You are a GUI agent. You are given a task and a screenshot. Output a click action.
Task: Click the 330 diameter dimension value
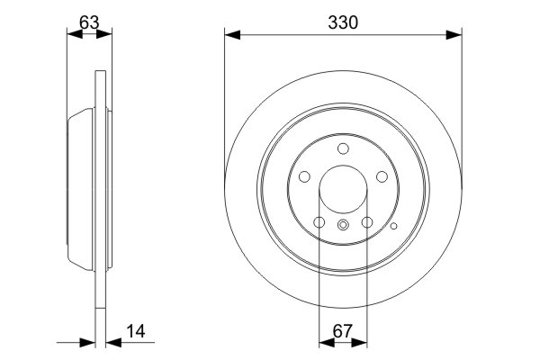pos(343,22)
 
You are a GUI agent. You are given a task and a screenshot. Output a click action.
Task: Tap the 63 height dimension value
pos(88,22)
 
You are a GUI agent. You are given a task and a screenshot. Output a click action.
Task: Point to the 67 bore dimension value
pos(343,331)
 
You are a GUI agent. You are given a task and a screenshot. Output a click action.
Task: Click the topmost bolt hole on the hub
pos(343,149)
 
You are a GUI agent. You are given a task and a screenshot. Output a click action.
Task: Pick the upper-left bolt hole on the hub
pos(303,178)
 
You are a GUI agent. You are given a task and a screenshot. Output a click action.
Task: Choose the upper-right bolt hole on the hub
pos(382,178)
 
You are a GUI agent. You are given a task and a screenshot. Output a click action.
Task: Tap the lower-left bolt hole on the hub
pos(319,223)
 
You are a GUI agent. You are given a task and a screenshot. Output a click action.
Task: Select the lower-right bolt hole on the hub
pos(367,223)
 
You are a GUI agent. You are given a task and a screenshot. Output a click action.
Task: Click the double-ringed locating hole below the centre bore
pos(343,225)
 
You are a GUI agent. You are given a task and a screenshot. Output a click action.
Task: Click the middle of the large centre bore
pos(343,191)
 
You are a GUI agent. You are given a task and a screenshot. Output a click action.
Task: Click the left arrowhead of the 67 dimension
pos(325,342)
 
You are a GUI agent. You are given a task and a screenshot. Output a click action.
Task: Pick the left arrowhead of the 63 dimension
pos(74,35)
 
